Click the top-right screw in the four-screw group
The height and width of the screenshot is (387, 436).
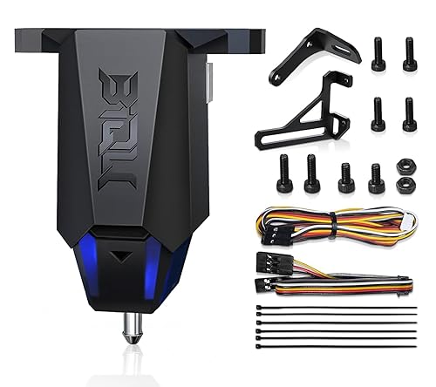407,54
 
